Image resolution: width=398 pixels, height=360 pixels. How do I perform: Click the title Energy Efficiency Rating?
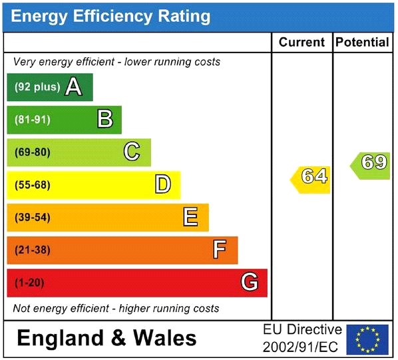110,16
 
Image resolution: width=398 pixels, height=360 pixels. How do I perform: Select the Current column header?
301,43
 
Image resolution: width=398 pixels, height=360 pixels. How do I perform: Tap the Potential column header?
362,43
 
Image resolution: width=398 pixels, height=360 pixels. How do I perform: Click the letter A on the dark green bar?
74,87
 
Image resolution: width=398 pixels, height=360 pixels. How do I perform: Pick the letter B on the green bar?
104,120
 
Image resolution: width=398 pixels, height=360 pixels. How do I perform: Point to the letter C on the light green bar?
132,152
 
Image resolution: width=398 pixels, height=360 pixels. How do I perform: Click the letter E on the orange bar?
191,217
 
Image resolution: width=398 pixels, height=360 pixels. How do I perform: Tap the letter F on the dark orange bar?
220,250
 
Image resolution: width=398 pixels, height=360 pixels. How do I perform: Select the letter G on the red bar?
249,283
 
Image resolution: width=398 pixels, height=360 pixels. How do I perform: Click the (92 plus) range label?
37,87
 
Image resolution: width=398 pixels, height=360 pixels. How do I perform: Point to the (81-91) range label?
32,120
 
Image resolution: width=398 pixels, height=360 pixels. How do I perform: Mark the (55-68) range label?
32,185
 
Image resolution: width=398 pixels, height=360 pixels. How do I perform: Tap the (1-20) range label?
29,283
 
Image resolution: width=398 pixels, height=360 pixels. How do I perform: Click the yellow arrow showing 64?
311,177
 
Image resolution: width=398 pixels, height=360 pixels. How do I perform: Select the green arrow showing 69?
372,162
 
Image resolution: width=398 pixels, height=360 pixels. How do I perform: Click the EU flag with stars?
367,339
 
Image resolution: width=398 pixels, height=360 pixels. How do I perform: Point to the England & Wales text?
106,338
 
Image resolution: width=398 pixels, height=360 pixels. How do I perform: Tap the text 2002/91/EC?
301,347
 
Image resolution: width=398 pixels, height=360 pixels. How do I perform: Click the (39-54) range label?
32,218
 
